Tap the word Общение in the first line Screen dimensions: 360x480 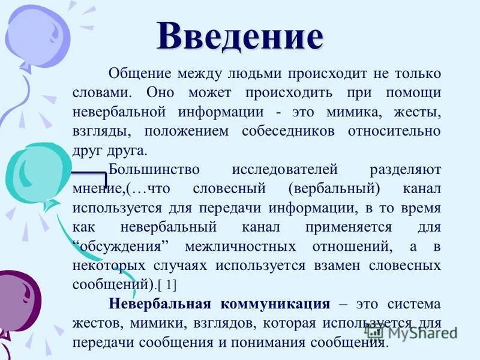coord(137,74)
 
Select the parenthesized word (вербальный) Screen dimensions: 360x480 coord(334,189)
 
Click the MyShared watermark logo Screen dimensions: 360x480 coord(411,332)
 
